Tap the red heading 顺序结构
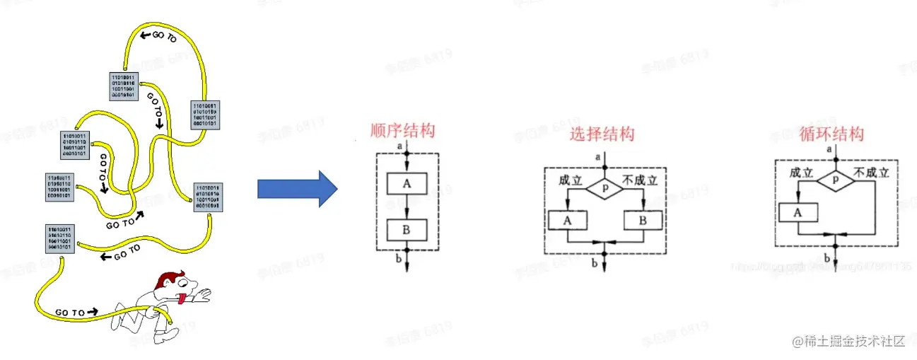click(x=402, y=132)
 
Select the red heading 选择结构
click(x=602, y=134)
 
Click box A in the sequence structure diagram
click(x=407, y=185)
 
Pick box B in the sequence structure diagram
click(x=407, y=229)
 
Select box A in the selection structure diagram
click(x=567, y=220)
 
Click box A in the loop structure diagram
click(x=798, y=212)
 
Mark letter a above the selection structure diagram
click(x=599, y=156)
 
